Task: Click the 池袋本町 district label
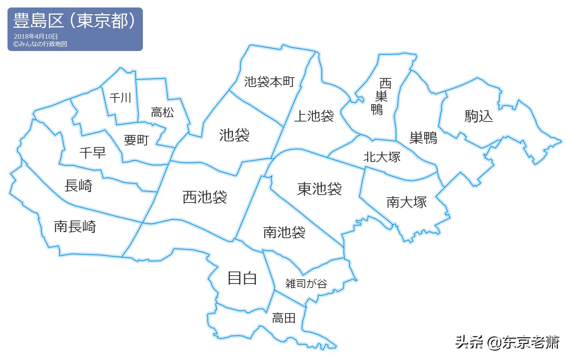(269, 82)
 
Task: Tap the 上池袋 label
(314, 116)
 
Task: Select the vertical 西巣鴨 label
(381, 96)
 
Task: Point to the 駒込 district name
(478, 116)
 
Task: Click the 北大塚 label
(382, 157)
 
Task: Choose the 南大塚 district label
(406, 202)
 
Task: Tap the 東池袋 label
(319, 189)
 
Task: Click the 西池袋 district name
(205, 197)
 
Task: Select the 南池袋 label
(284, 232)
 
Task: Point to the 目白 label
(242, 278)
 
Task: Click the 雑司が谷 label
(306, 283)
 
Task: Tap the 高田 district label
(283, 318)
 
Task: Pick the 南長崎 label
(75, 226)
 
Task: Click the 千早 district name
(93, 153)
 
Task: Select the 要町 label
(136, 140)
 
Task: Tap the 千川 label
(120, 98)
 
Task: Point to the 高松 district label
(162, 112)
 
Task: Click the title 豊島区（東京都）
(74, 21)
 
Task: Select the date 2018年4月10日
(36, 36)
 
